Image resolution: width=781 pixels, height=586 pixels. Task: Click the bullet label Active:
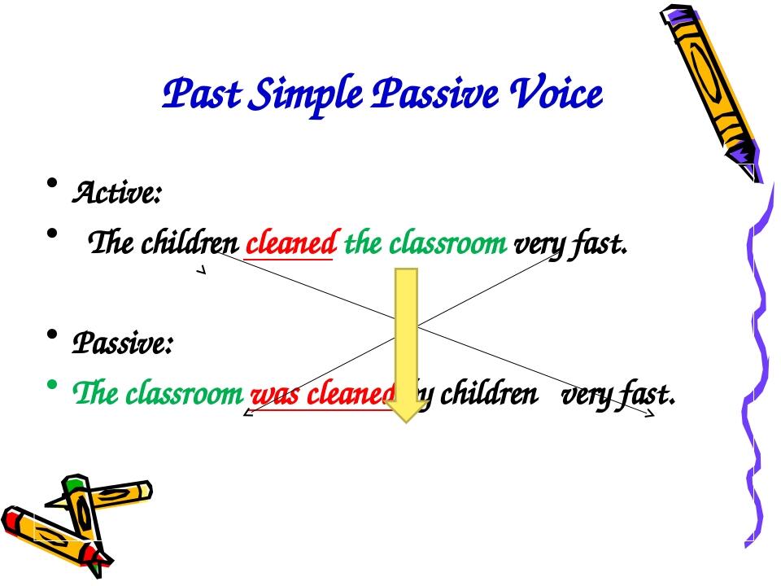click(x=118, y=194)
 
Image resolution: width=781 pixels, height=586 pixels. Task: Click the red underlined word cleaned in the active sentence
click(x=290, y=243)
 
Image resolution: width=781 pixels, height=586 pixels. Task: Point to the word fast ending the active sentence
click(x=603, y=243)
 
